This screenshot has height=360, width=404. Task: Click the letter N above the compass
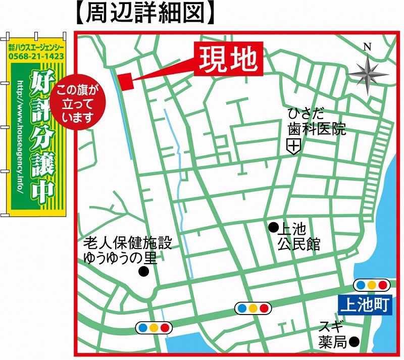point(367,47)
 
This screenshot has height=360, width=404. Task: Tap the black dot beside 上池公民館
point(273,226)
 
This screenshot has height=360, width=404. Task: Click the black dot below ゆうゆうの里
point(144,272)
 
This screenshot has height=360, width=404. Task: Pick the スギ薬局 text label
point(331,334)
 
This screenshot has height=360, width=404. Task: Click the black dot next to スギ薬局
point(356,341)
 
